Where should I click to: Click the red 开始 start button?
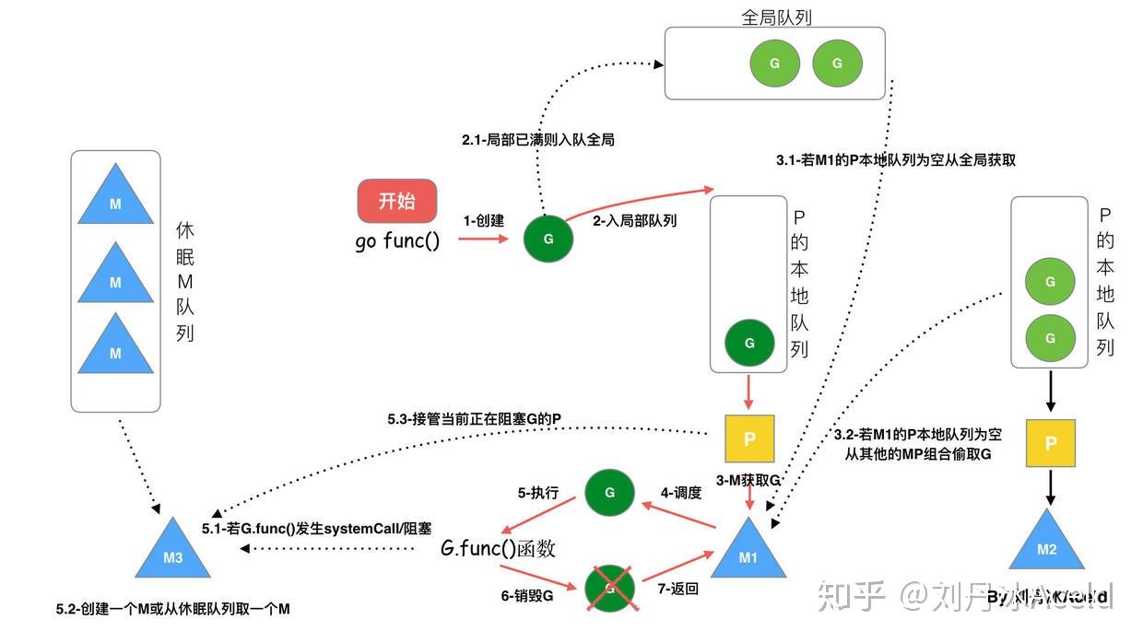pyautogui.click(x=397, y=201)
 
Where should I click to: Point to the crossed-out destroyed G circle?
pyautogui.click(x=609, y=587)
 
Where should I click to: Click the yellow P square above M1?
pyautogui.click(x=749, y=438)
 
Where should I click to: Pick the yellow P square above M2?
pyautogui.click(x=1050, y=442)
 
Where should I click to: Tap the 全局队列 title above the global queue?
pyautogui.click(x=776, y=17)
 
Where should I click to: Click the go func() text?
pyautogui.click(x=397, y=242)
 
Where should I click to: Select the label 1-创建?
pyautogui.click(x=483, y=221)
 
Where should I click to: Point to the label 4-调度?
pyautogui.click(x=680, y=493)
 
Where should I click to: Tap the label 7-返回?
pyautogui.click(x=677, y=589)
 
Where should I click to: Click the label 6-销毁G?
pyautogui.click(x=527, y=596)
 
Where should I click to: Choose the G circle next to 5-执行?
pyautogui.click(x=609, y=493)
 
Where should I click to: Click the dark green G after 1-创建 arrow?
pyautogui.click(x=548, y=239)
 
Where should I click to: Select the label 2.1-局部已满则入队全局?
pyautogui.click(x=537, y=140)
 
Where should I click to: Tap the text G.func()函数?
pyautogui.click(x=498, y=549)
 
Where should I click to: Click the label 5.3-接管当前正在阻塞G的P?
pyautogui.click(x=474, y=419)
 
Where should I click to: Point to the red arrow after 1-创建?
pyautogui.click(x=483, y=239)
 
